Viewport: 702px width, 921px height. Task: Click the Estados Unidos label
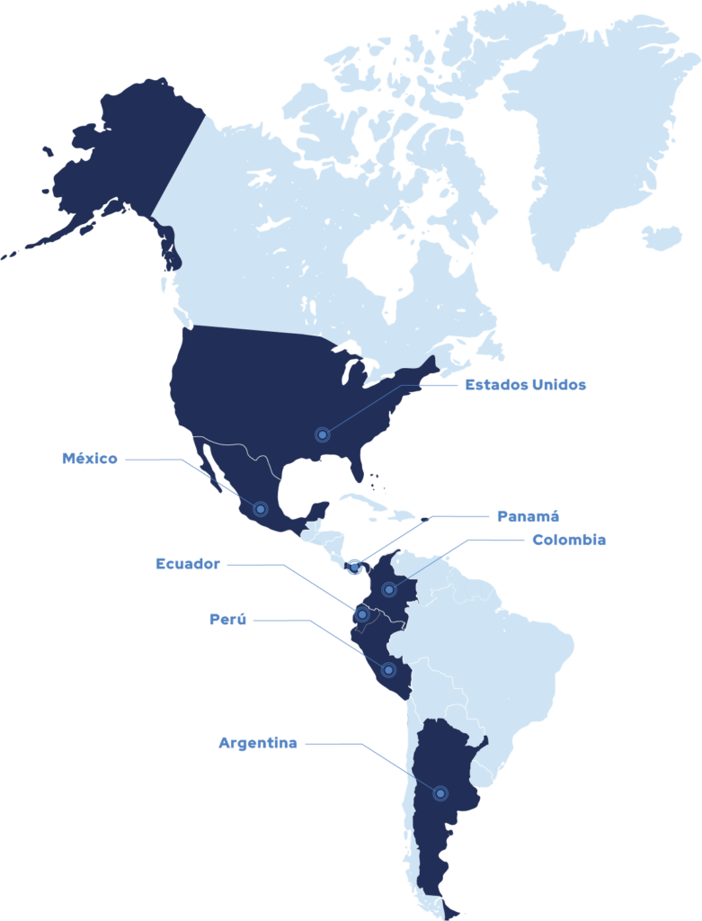(x=526, y=385)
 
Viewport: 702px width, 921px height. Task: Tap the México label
(x=90, y=459)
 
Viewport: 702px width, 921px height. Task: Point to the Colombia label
(x=568, y=540)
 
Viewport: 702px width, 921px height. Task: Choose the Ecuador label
(x=187, y=565)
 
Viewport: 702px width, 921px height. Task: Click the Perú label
(x=227, y=620)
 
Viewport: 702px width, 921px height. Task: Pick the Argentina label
(x=257, y=744)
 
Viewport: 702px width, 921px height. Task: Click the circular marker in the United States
(x=323, y=435)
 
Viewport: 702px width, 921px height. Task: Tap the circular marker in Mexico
(x=261, y=509)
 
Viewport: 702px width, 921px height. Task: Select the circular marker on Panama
(x=355, y=567)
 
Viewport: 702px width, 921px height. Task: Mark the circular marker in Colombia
(x=389, y=589)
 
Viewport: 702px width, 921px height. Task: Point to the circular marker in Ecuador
(x=362, y=614)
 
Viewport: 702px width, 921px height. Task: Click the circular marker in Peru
(x=389, y=670)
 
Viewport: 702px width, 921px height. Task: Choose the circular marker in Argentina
(x=440, y=793)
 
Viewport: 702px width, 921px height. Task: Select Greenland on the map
(x=602, y=126)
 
